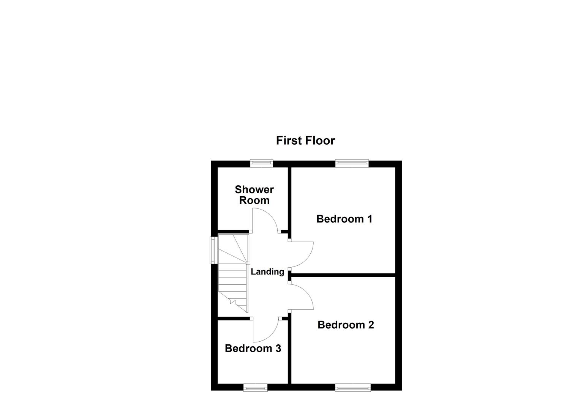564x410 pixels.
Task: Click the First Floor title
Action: click(x=305, y=140)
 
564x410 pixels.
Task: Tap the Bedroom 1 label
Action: click(x=344, y=219)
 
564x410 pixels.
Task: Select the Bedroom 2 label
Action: click(x=346, y=325)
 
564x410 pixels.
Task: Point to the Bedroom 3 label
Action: click(x=253, y=348)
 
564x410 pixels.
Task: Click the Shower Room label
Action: click(x=254, y=195)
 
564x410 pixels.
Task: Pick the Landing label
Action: click(x=267, y=272)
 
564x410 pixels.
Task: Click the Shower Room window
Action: click(x=261, y=163)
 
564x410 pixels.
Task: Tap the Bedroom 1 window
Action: click(x=352, y=163)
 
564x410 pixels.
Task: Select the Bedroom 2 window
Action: click(x=352, y=388)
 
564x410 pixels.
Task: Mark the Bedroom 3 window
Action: click(x=255, y=388)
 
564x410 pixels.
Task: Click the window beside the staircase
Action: click(x=213, y=250)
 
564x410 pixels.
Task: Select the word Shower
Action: click(x=254, y=189)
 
